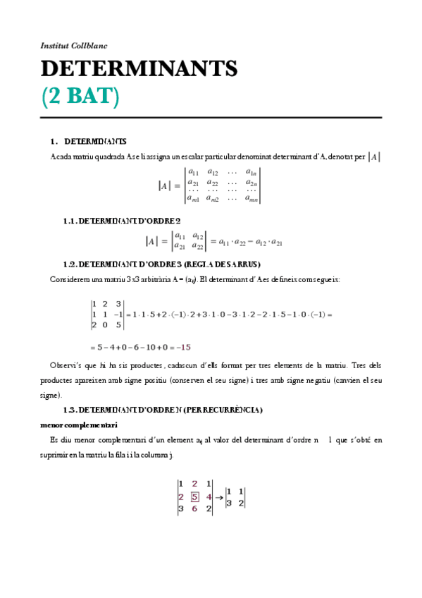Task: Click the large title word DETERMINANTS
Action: (x=139, y=69)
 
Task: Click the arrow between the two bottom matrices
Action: (x=219, y=496)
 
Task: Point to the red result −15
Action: (x=185, y=347)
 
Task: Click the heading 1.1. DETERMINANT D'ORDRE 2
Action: (x=122, y=221)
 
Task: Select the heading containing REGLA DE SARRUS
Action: (x=162, y=264)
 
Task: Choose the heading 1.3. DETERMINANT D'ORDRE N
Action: (x=163, y=409)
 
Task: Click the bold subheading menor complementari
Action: (x=79, y=425)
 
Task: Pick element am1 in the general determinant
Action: (x=193, y=199)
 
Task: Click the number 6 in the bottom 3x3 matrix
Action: (x=195, y=508)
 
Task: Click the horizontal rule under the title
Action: (x=211, y=117)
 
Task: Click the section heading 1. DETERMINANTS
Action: (x=89, y=141)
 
